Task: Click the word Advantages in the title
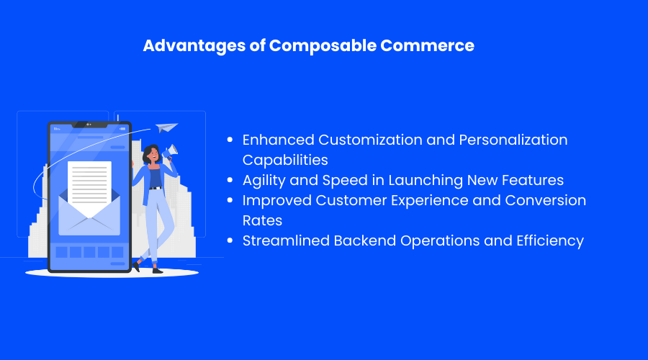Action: point(194,46)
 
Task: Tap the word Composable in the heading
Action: point(323,46)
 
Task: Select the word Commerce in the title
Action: point(427,45)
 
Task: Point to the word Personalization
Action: point(513,140)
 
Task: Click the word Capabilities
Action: point(285,161)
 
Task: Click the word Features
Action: point(533,180)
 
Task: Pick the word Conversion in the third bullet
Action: point(546,200)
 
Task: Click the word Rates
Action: point(262,221)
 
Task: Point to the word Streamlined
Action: point(286,240)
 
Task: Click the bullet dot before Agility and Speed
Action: point(230,180)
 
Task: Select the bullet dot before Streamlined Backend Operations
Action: point(230,240)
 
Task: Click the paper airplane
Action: point(166,127)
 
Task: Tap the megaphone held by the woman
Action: point(170,151)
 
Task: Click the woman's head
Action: point(151,154)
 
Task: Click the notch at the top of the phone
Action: point(89,125)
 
